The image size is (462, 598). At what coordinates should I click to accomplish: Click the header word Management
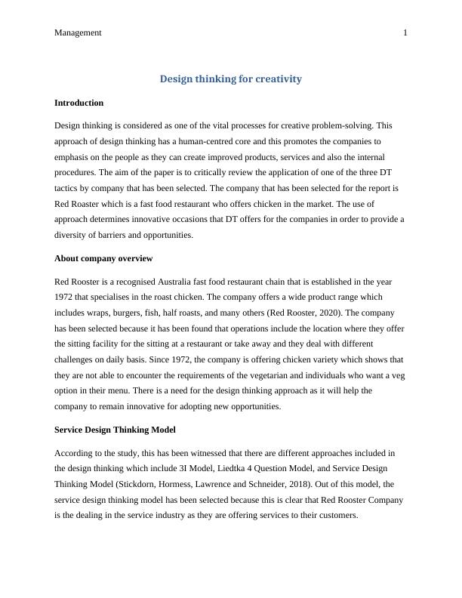pyautogui.click(x=78, y=32)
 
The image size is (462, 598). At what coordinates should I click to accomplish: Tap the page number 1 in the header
pyautogui.click(x=405, y=32)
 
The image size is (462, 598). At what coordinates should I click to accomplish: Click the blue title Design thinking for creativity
pyautogui.click(x=230, y=79)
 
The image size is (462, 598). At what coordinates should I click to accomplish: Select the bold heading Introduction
pyautogui.click(x=79, y=103)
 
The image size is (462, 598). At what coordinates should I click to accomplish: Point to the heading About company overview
pyautogui.click(x=103, y=258)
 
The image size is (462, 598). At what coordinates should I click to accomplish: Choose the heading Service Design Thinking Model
pyautogui.click(x=115, y=430)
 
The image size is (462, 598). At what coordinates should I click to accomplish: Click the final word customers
pyautogui.click(x=337, y=516)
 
